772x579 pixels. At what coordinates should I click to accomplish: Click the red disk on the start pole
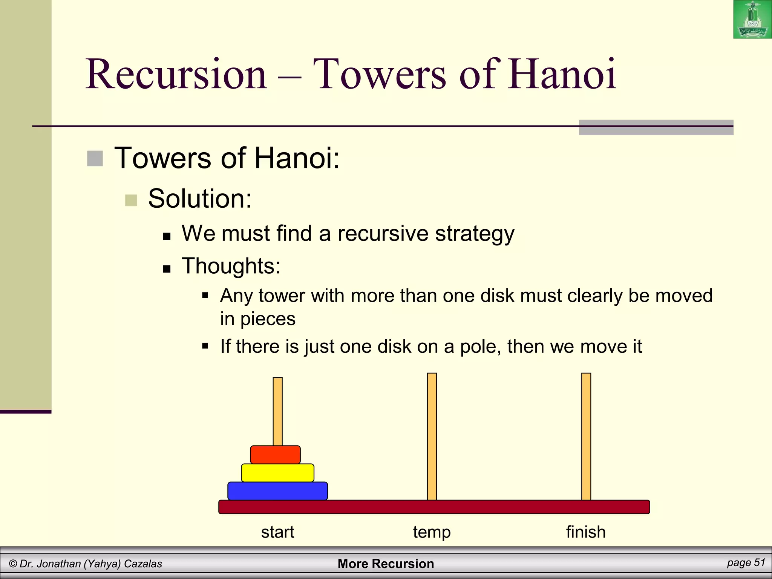275,455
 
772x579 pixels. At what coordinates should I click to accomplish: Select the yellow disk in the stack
277,473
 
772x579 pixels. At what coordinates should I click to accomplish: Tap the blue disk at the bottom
277,491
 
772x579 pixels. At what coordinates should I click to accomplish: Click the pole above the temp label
432,433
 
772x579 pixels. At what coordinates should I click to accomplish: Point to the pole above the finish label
586,433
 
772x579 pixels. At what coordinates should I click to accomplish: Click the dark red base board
433,507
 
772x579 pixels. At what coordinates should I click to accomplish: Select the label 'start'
277,532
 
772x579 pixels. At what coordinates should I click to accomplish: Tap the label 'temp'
432,532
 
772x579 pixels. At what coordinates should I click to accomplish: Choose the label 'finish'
586,532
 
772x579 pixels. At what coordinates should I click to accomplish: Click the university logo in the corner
752,20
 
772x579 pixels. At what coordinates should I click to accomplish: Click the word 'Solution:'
200,198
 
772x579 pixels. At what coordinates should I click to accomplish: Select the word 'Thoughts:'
231,266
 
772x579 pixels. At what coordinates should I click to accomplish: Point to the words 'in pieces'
258,319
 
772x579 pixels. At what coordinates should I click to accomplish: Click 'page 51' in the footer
746,563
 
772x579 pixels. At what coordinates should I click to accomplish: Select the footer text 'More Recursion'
386,564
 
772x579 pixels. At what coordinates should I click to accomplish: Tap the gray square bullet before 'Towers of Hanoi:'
95,158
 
